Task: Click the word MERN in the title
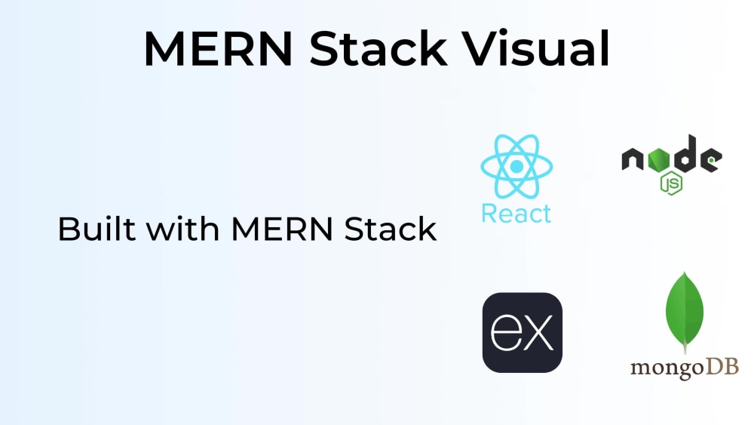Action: coord(219,48)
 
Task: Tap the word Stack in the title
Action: coord(379,48)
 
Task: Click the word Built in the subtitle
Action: coord(97,229)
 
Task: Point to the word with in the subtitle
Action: coord(182,229)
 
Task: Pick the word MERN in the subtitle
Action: coord(282,229)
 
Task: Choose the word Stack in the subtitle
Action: coord(391,229)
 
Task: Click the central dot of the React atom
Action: coord(517,166)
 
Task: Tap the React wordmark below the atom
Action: coord(516,214)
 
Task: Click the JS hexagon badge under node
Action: coord(671,183)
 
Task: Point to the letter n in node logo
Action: coord(633,159)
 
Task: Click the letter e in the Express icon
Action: coord(505,332)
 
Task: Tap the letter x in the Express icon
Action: coord(538,333)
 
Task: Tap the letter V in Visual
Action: coord(478,48)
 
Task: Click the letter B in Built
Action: coord(68,229)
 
